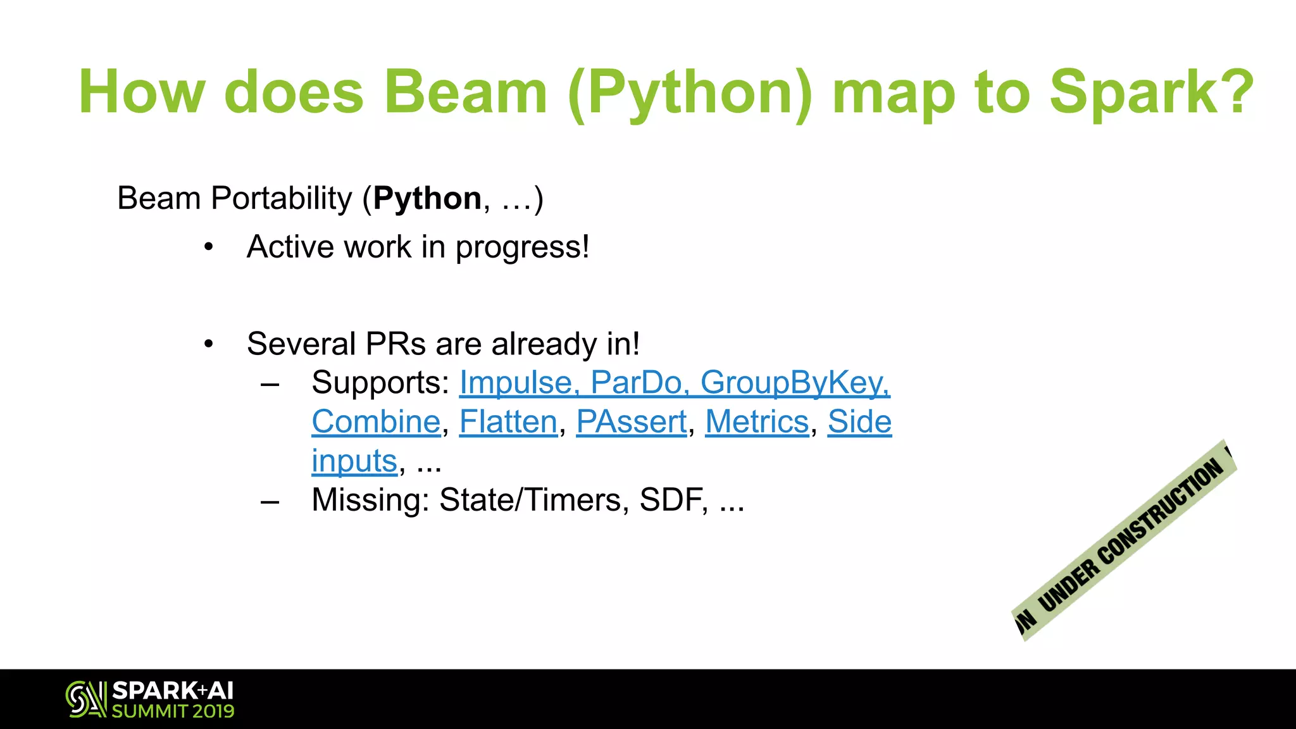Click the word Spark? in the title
point(1151,93)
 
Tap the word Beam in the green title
point(465,93)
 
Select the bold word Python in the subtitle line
point(427,199)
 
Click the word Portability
point(281,199)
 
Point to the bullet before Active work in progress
point(209,247)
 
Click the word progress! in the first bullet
point(522,247)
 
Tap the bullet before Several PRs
point(209,345)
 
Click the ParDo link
point(635,383)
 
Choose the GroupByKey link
point(794,383)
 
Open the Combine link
point(376,422)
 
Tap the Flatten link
point(508,422)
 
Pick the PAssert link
point(631,422)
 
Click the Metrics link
point(757,422)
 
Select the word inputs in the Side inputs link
point(354,461)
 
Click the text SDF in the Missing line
point(671,501)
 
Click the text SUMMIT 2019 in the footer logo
point(173,711)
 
